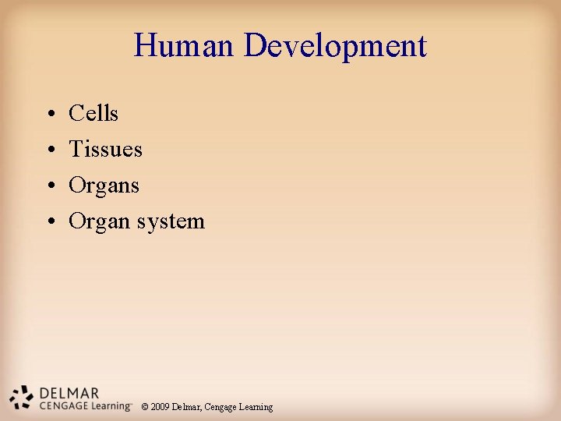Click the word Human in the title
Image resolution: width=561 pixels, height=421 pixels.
pyautogui.click(x=184, y=46)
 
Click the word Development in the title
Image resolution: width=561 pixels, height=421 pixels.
pyautogui.click(x=335, y=48)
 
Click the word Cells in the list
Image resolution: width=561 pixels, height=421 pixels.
pyautogui.click(x=93, y=114)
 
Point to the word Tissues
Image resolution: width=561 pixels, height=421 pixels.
pyautogui.click(x=105, y=150)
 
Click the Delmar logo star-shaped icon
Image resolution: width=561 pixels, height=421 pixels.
pyautogui.click(x=23, y=397)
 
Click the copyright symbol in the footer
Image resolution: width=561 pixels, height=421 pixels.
pyautogui.click(x=145, y=407)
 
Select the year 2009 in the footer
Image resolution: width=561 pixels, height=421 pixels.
pyautogui.click(x=160, y=407)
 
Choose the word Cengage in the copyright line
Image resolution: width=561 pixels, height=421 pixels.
pyautogui.click(x=221, y=407)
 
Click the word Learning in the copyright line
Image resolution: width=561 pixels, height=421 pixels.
pyautogui.click(x=256, y=407)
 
